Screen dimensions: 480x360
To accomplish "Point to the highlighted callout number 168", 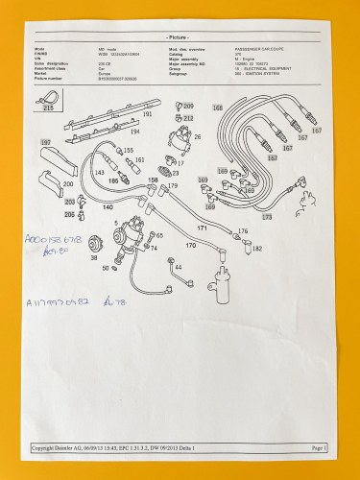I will (x=217, y=107).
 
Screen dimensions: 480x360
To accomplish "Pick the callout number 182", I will (x=257, y=249).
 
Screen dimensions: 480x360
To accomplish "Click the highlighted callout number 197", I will (x=44, y=142).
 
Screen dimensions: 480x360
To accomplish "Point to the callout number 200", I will (x=67, y=182).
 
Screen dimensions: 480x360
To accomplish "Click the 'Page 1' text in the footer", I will (x=320, y=447).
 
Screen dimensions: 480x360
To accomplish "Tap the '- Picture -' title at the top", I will (x=179, y=34).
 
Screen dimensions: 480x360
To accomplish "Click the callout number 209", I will (x=188, y=105).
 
